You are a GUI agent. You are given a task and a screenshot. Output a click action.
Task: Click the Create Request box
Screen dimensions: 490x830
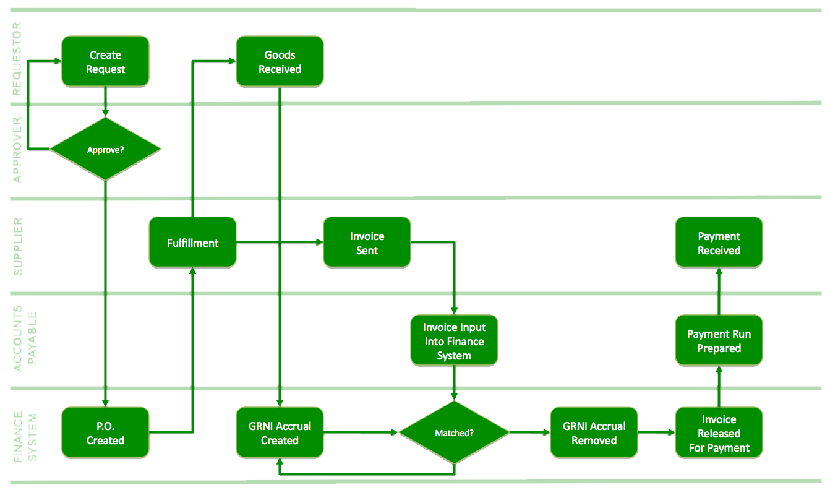coord(105,61)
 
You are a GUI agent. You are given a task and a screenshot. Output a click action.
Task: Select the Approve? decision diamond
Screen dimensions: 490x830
coord(105,149)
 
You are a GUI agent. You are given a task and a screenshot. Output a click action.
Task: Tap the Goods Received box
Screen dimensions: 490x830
coord(280,61)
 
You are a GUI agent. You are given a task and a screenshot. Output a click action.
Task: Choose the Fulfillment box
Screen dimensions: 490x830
coord(192,243)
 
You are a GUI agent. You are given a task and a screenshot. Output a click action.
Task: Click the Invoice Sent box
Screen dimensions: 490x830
coord(367,243)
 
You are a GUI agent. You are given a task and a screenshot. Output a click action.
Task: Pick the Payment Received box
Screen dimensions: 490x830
coord(719,243)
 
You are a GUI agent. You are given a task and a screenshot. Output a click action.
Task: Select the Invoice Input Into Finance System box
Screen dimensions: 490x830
coord(455,341)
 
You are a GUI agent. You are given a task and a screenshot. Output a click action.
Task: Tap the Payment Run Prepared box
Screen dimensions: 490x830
coord(719,340)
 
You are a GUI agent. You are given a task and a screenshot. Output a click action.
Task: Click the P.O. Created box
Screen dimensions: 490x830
coord(105,432)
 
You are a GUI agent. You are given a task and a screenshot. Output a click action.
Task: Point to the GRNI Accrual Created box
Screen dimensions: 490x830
coord(280,432)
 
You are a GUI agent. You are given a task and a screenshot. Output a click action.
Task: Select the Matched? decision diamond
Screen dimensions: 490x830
coord(455,432)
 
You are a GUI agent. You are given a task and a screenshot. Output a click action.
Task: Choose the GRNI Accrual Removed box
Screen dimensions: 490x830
coord(594,432)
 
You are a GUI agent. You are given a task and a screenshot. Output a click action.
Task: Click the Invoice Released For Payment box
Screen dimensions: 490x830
coord(719,432)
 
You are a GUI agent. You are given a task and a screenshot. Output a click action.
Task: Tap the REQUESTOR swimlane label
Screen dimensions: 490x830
coord(17,59)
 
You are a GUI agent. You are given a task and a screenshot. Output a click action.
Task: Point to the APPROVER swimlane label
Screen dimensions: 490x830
coord(17,150)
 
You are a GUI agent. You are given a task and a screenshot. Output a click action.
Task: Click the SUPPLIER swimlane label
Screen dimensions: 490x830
coord(17,246)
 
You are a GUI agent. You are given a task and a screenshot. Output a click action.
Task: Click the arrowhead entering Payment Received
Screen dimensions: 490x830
coord(719,273)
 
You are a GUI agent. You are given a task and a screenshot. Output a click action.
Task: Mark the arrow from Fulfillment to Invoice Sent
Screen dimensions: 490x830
coord(278,242)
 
